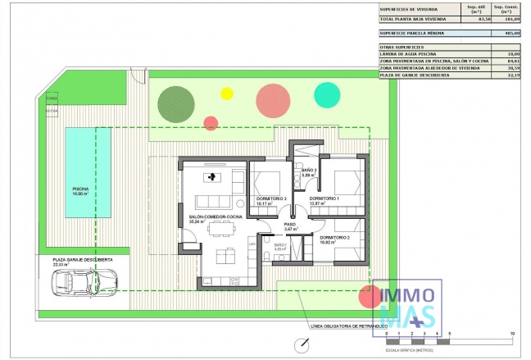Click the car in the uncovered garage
(75, 284)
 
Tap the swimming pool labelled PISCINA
(80, 172)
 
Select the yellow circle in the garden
(227, 93)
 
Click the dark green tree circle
(175, 103)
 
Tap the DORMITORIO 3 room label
(270, 200)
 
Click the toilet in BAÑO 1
(269, 257)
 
